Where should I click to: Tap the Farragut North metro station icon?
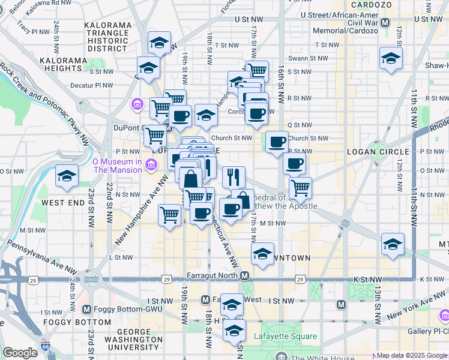click(x=245, y=276)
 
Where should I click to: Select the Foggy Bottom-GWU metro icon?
click(x=86, y=310)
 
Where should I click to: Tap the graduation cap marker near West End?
click(x=67, y=176)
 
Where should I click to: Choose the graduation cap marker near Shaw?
click(x=391, y=59)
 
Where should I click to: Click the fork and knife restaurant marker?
click(x=234, y=177)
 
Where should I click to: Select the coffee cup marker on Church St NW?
click(x=277, y=142)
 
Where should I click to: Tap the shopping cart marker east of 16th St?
click(x=300, y=187)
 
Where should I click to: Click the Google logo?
click(x=20, y=353)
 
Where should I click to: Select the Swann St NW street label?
click(x=309, y=58)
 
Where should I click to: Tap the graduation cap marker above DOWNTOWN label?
click(x=262, y=254)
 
